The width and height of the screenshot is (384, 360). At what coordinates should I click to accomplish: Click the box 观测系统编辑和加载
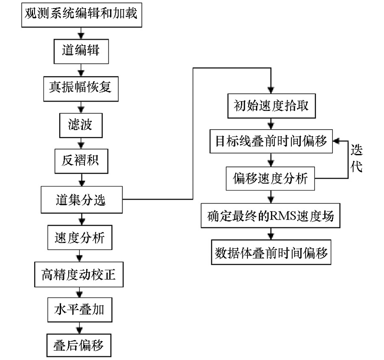coord(81,15)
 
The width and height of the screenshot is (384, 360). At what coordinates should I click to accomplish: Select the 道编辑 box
coord(81,52)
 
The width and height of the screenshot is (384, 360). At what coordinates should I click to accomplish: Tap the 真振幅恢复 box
coord(81,89)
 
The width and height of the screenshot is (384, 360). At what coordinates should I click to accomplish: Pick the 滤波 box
coord(81,125)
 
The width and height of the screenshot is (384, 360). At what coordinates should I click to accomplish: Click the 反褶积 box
coord(81,161)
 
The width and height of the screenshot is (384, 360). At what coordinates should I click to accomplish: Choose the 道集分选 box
coord(81,200)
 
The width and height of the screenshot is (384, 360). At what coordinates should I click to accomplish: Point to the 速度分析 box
coord(80,238)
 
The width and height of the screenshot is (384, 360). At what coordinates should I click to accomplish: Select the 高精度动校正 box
coord(79,274)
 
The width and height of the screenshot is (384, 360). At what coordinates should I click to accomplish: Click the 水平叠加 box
coord(80,310)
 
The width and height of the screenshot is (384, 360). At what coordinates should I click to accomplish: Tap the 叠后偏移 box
coord(79,345)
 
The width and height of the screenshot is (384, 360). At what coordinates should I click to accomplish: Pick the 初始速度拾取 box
coord(272,106)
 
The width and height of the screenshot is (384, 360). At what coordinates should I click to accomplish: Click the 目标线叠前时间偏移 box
coord(271,141)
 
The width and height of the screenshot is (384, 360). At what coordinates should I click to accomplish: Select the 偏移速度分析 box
coord(270,179)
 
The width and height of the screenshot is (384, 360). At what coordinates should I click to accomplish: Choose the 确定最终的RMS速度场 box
coord(271,215)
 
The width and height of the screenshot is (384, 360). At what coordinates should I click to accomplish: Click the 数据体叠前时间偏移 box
coord(271,252)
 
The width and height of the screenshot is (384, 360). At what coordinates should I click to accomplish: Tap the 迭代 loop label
coord(356,158)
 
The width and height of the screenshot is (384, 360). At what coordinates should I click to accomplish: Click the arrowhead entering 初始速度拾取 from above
coord(271,90)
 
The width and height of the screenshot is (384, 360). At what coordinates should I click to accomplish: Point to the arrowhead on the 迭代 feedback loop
coord(336,141)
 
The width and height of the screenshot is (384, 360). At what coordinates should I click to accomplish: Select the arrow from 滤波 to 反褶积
coord(81,143)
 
